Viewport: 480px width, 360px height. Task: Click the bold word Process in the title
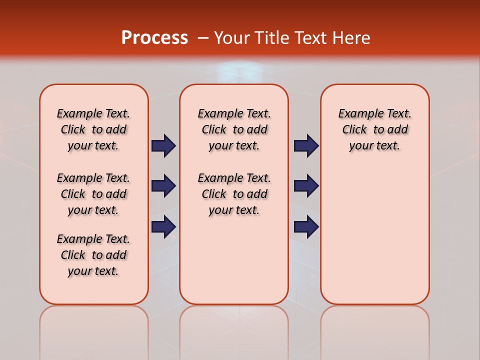pos(154,37)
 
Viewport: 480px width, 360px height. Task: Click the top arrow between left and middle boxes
pos(163,145)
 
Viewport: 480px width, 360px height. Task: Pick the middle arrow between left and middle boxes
pos(163,186)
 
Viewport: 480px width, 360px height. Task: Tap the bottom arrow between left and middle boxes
pos(163,226)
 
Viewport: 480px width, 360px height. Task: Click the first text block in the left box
pos(93,129)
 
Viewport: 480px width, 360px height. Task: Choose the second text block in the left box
pos(93,194)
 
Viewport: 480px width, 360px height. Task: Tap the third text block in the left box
pos(93,255)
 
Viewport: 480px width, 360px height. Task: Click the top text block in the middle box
pos(234,129)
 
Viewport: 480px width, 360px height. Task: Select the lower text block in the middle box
pos(234,194)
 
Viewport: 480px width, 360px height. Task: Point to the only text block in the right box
pos(374,129)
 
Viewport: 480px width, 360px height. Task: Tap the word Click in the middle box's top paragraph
pos(214,130)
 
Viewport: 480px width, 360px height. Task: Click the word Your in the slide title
pos(231,37)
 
